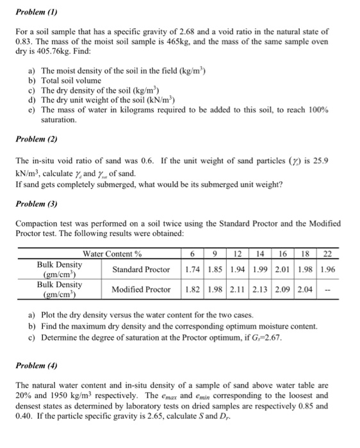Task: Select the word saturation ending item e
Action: pyautogui.click(x=59, y=120)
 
